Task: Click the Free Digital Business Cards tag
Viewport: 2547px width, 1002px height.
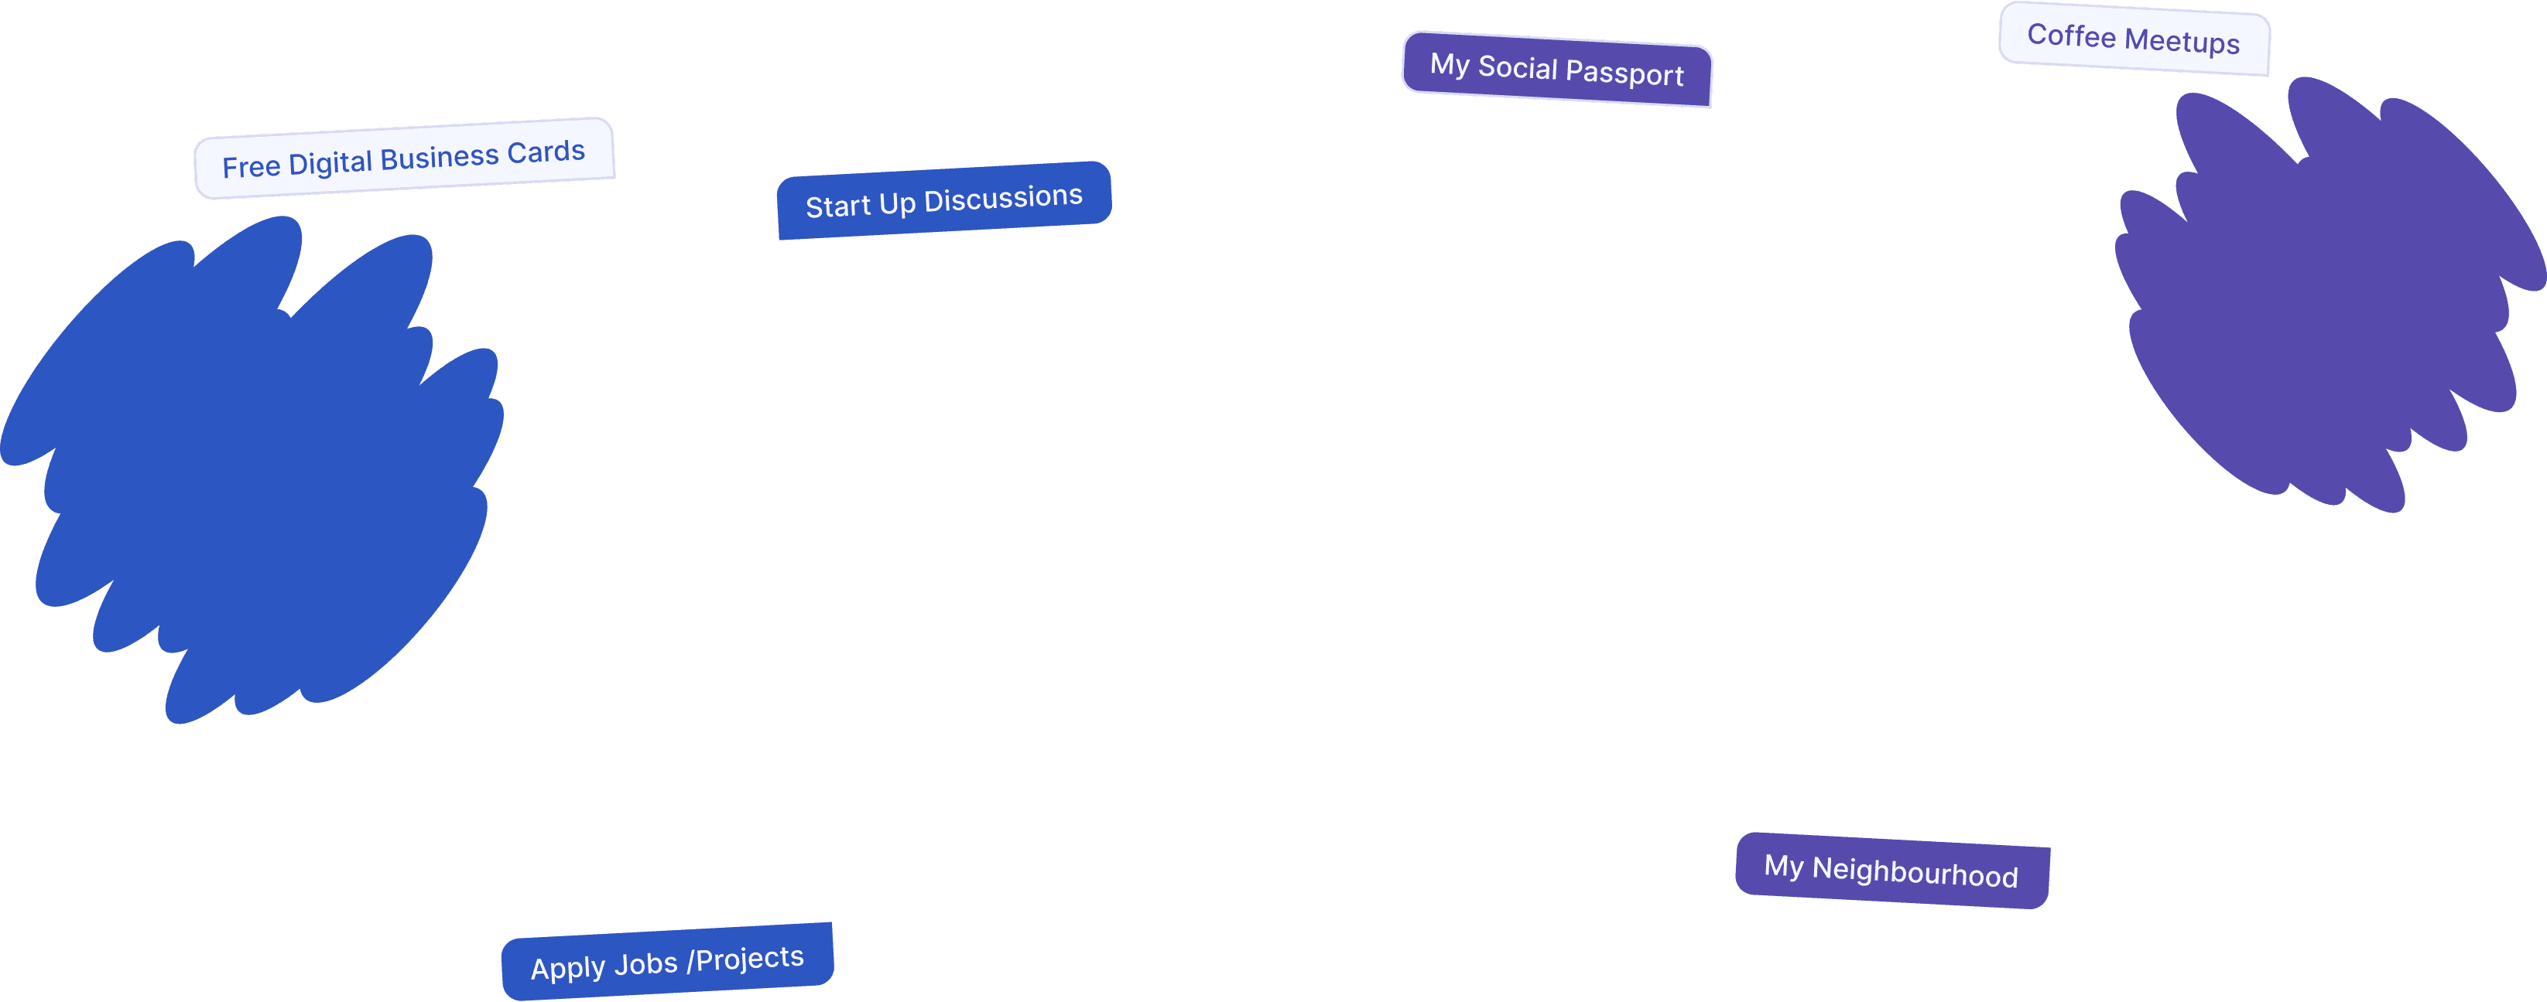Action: [x=405, y=158]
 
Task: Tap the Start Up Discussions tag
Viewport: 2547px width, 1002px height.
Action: [x=944, y=200]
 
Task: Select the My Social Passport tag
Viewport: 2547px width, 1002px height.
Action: [x=1557, y=69]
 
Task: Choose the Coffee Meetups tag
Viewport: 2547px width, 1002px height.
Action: [x=2134, y=39]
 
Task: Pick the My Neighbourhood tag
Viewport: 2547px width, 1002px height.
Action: [x=1892, y=871]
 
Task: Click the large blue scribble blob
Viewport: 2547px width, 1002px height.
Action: [x=252, y=469]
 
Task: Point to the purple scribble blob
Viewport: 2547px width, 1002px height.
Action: [x=2329, y=295]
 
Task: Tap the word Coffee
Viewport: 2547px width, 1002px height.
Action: [x=2071, y=35]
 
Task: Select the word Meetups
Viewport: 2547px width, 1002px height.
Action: [x=2182, y=42]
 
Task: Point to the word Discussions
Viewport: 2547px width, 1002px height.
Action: [x=1004, y=198]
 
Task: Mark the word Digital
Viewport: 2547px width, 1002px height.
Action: [x=330, y=163]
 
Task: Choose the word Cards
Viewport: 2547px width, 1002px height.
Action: [x=546, y=152]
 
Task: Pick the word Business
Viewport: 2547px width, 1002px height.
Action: [x=439, y=157]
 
